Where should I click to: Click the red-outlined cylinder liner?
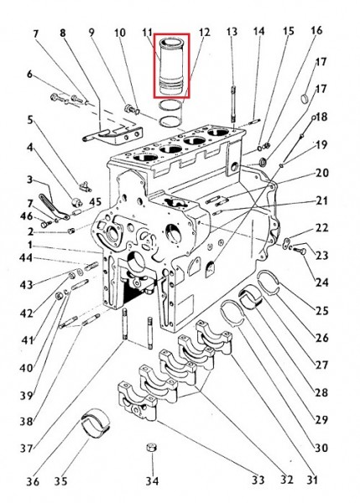click(172, 65)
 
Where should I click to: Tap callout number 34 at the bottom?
click(152, 480)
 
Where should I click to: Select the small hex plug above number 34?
click(151, 448)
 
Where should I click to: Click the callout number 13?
click(232, 32)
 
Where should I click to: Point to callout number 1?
click(30, 245)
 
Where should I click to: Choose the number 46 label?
click(26, 216)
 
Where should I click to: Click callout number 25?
click(322, 310)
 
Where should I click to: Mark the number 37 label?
click(27, 448)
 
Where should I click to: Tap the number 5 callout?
click(30, 120)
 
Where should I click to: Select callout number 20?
click(322, 173)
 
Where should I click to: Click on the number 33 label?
click(258, 480)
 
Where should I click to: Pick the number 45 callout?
click(95, 202)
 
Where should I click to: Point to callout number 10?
click(120, 33)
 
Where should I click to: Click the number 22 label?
click(322, 228)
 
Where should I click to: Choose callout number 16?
click(316, 30)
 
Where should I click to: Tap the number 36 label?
click(33, 481)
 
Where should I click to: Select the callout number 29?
click(321, 420)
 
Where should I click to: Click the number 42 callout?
click(26, 313)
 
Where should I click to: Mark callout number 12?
click(204, 32)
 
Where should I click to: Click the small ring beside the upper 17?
click(305, 98)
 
